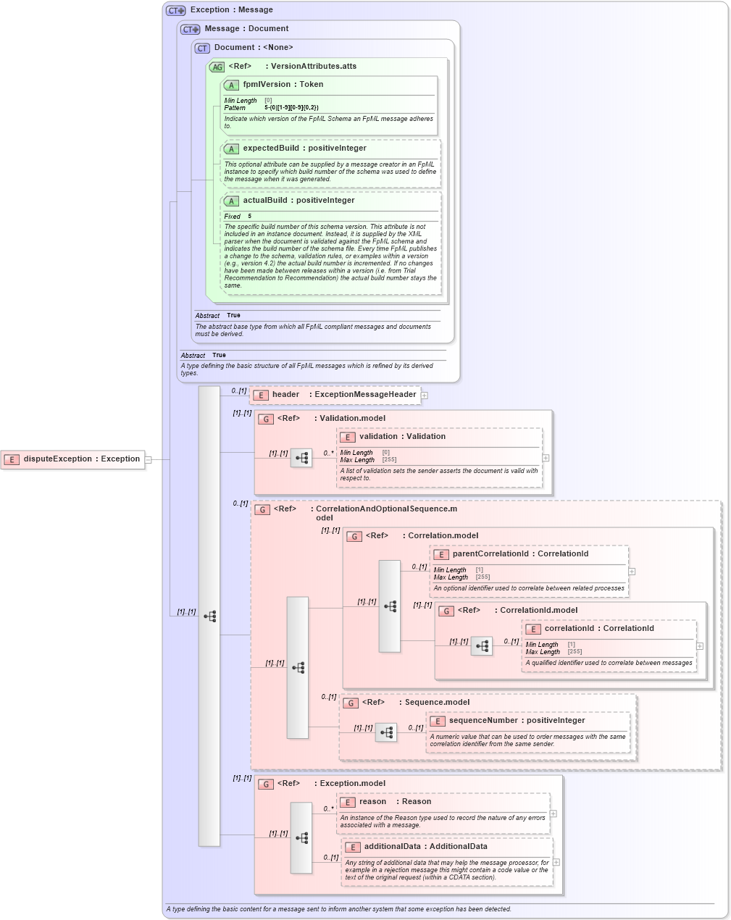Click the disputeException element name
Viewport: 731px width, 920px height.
point(58,459)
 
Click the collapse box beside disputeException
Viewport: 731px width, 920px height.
point(148,459)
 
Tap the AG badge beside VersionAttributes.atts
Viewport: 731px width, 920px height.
point(217,67)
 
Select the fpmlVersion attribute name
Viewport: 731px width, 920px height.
point(267,84)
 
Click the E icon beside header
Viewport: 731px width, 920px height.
point(260,395)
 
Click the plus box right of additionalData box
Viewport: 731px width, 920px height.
point(556,862)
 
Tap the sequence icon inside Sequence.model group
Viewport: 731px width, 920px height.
point(386,732)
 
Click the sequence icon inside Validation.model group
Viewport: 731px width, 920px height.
point(301,458)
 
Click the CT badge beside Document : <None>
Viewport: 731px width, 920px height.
point(202,48)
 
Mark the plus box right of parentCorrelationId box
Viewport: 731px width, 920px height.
point(632,571)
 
